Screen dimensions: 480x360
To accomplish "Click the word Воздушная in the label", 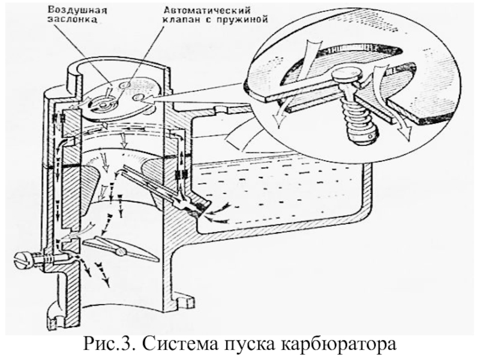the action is tap(77, 10).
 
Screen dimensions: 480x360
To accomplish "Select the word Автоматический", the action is tap(207, 10).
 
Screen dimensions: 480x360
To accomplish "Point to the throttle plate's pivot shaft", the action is tap(121, 251).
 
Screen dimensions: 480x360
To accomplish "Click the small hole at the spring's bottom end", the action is tap(371, 136).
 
